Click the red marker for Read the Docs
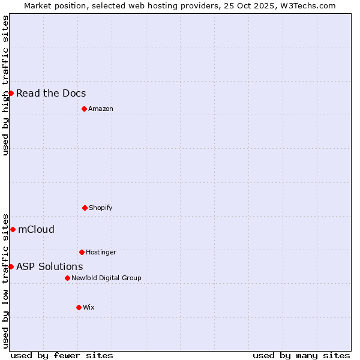tap(11, 93)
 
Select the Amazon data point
tap(84, 109)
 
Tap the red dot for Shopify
tap(85, 208)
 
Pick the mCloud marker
tap(13, 229)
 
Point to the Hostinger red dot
tap(82, 252)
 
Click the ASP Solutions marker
tap(11, 266)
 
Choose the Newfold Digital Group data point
tap(67, 278)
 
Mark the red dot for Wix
tap(79, 307)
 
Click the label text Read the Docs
tap(51, 93)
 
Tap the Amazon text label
tap(101, 109)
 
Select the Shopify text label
tap(101, 208)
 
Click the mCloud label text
tap(36, 229)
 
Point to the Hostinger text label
tap(101, 252)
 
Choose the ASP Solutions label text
tap(50, 266)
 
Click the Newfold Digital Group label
tap(106, 278)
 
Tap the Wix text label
tap(89, 307)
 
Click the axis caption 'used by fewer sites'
tap(62, 355)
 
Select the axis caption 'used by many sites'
tap(301, 355)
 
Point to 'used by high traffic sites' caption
tap(5, 85)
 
